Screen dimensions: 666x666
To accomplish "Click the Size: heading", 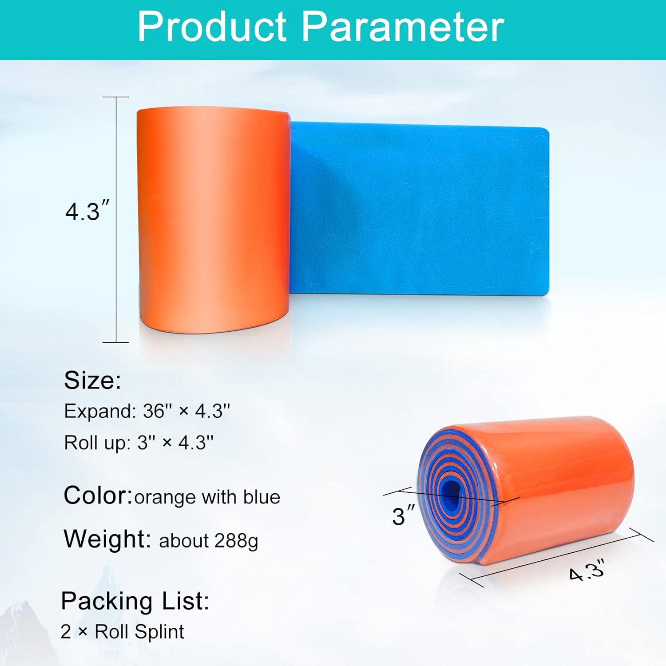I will [92, 381].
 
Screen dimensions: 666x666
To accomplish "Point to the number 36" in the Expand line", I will [156, 411].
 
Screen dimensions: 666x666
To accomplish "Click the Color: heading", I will [98, 495].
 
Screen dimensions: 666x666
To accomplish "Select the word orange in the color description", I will [165, 498].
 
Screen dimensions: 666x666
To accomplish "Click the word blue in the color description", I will [262, 497].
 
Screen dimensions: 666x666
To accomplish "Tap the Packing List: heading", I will [135, 601].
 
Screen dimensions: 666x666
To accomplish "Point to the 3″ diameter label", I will [403, 516].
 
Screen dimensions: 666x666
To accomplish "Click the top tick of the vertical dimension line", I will [116, 97].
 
